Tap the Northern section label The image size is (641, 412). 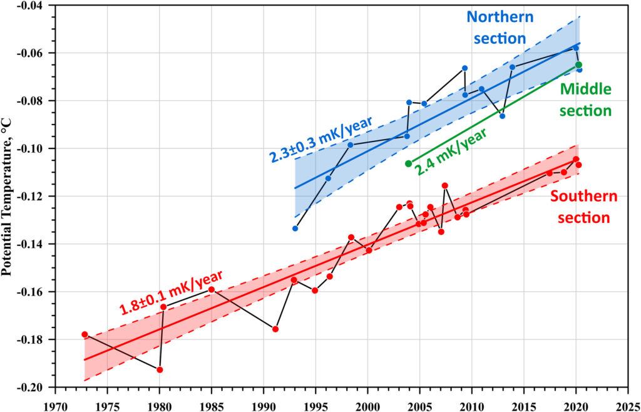pyautogui.click(x=500, y=27)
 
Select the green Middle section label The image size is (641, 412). pyautogui.click(x=585, y=100)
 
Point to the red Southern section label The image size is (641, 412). pyautogui.click(x=583, y=207)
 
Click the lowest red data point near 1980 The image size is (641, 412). pyautogui.click(x=160, y=369)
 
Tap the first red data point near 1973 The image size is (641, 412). pyautogui.click(x=85, y=334)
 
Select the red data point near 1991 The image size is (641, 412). pyautogui.click(x=275, y=329)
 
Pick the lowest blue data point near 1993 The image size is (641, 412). pyautogui.click(x=295, y=228)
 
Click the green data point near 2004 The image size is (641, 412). pyautogui.click(x=409, y=163)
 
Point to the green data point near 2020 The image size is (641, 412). pyautogui.click(x=578, y=64)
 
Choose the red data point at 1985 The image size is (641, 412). pyautogui.click(x=212, y=289)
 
